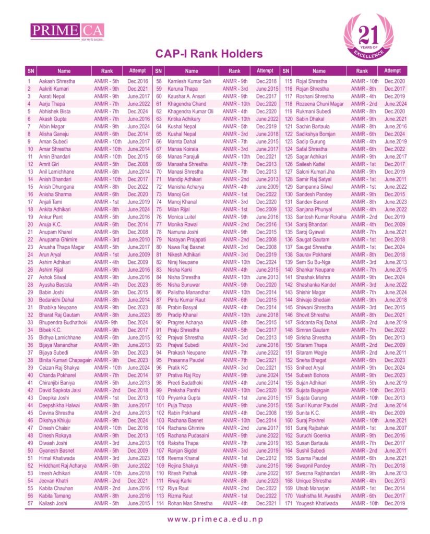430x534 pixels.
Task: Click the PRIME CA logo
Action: (x=68, y=31)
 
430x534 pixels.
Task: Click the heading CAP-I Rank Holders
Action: (x=209, y=54)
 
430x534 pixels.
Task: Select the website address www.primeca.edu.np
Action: (x=215, y=519)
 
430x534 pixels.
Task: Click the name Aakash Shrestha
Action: (x=57, y=81)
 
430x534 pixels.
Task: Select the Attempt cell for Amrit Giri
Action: (x=137, y=164)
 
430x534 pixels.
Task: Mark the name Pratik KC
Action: (x=178, y=368)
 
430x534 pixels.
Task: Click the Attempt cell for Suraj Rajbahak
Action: (x=395, y=428)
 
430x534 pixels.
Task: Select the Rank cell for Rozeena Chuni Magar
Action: (x=364, y=104)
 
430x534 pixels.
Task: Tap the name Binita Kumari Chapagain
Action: (x=65, y=360)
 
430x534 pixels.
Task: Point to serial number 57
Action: (x=30, y=503)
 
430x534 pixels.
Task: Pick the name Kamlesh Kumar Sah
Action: (x=189, y=81)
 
